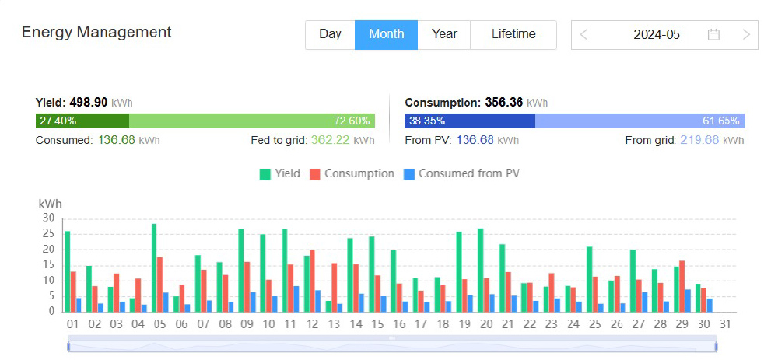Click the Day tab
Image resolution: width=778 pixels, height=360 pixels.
pos(330,34)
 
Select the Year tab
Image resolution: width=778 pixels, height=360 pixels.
pos(444,34)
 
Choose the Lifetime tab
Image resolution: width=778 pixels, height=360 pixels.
pos(513,34)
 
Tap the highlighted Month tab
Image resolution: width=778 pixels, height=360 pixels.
pos(387,34)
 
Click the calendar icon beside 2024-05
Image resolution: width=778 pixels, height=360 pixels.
pos(713,34)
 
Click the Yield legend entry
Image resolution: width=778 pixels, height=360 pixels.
pos(280,173)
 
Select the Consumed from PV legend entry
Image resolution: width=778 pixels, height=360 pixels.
pos(461,173)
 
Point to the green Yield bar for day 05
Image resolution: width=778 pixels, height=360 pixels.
pos(154,267)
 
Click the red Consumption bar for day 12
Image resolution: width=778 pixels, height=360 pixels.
pos(313,280)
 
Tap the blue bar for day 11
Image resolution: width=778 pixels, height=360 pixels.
pos(296,299)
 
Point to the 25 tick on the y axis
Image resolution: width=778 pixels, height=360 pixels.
pos(48,233)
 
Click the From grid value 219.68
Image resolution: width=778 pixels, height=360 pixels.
pos(698,141)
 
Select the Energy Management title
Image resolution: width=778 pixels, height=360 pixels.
pos(96,33)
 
